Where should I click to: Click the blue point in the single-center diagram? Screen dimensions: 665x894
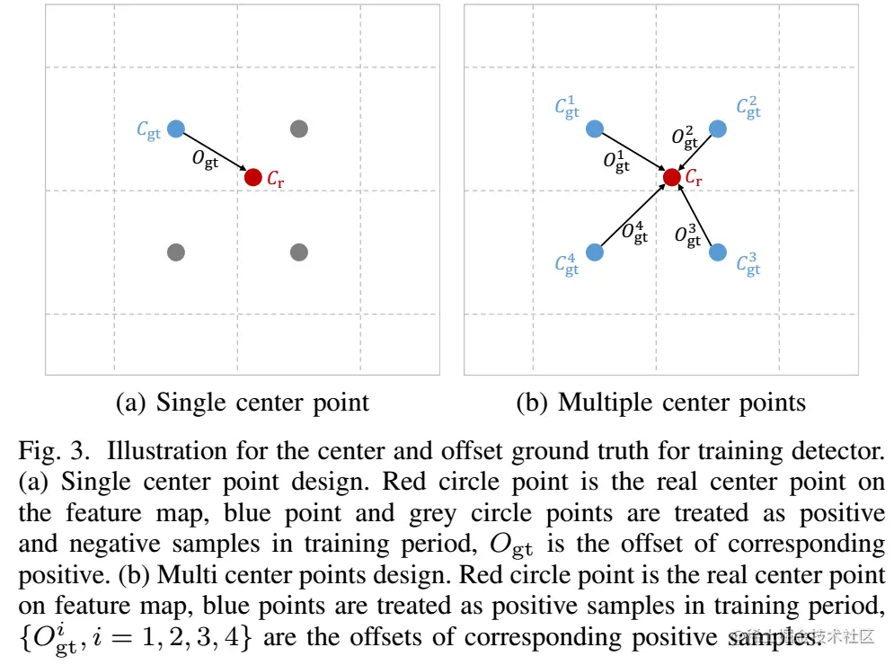(176, 129)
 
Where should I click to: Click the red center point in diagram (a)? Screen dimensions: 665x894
(253, 177)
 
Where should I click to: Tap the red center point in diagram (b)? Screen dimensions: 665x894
(671, 177)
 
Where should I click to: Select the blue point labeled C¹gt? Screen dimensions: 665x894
(594, 129)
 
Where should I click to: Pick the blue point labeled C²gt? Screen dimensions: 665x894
(717, 129)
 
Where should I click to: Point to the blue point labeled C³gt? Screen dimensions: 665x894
(717, 253)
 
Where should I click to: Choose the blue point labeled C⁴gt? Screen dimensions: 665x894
(594, 253)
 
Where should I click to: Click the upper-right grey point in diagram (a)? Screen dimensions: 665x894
(300, 129)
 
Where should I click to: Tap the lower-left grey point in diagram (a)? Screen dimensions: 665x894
(176, 253)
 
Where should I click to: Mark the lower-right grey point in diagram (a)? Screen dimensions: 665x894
(300, 253)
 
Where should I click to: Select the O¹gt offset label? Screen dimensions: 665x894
(616, 162)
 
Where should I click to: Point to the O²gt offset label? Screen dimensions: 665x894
(685, 137)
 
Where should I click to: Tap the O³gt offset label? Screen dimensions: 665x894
(687, 235)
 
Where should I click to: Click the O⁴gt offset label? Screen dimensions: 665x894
(635, 233)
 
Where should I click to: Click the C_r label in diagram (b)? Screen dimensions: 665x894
(694, 178)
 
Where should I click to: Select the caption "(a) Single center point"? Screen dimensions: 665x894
(243, 402)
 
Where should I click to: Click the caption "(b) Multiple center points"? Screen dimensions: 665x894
(660, 402)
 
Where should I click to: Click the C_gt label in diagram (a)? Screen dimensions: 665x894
(149, 129)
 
